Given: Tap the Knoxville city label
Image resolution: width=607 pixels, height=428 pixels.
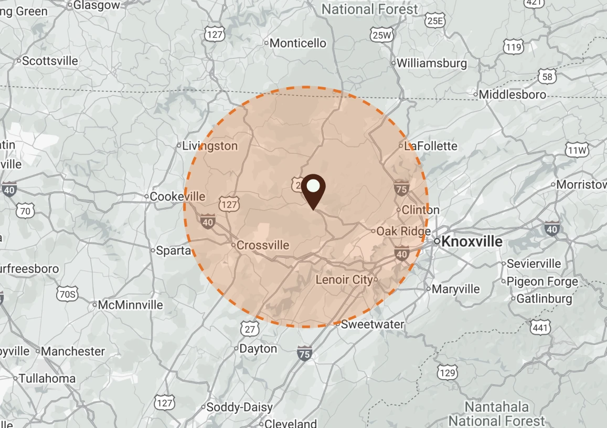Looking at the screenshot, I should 472,242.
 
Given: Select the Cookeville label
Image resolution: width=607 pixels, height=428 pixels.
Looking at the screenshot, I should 177,196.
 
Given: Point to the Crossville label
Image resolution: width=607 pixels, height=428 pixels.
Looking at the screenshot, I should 262,245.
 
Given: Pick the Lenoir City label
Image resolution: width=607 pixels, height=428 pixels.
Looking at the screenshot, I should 344,279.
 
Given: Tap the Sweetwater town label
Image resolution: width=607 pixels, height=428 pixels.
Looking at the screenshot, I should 372,324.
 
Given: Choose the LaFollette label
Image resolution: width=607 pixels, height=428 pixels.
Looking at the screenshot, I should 431,146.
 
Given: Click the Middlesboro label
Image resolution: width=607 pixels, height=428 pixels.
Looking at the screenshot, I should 512,95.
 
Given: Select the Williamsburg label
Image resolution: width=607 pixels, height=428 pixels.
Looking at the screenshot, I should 431,64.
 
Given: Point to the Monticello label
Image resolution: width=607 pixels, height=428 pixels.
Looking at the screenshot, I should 297,43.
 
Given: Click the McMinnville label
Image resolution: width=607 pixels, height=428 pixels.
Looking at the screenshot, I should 131,305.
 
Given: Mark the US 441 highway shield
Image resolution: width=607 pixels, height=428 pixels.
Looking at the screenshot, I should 541,328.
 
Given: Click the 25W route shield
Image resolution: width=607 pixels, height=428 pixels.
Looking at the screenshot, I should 381,35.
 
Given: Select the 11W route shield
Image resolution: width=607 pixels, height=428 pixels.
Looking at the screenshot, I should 578,151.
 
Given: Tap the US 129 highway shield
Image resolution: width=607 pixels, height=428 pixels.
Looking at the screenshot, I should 446,373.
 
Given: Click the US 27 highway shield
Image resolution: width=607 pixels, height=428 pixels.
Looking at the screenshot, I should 250,329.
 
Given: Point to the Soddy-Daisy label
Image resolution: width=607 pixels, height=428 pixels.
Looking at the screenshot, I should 240,408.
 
